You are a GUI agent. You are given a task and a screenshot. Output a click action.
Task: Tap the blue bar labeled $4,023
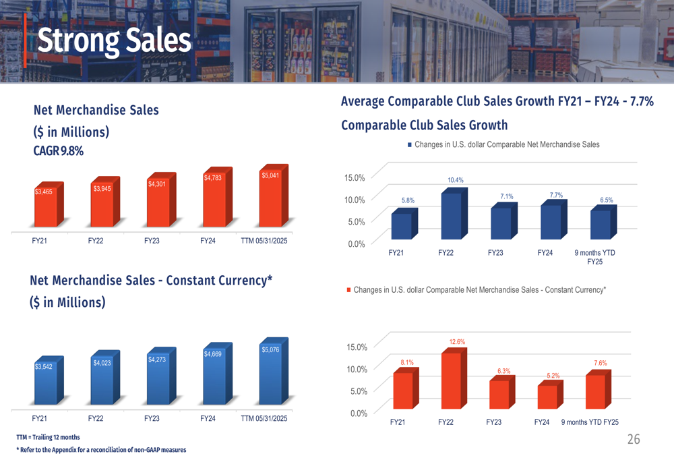(103, 383)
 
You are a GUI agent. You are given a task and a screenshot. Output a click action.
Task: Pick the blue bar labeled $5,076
(272, 376)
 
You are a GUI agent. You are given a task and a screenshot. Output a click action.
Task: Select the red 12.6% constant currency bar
(452, 381)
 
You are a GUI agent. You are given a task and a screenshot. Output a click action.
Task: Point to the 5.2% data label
(553, 376)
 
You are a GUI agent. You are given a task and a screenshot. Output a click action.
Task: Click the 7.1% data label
(507, 196)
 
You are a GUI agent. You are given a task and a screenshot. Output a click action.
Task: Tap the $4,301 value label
(156, 184)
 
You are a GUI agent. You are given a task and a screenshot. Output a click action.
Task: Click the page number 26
(634, 440)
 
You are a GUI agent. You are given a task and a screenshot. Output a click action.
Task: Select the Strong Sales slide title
(114, 40)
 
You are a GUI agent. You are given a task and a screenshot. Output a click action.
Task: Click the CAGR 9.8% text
(59, 151)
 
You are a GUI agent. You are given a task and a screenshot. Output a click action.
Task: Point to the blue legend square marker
(409, 144)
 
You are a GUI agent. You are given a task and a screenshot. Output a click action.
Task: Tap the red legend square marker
(348, 290)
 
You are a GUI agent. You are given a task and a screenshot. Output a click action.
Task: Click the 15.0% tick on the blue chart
(355, 178)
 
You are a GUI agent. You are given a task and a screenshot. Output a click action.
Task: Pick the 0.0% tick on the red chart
(357, 413)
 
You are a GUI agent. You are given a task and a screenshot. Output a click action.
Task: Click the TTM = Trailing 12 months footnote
(48, 437)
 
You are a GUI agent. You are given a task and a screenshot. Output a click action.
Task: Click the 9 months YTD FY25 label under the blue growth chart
(594, 257)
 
